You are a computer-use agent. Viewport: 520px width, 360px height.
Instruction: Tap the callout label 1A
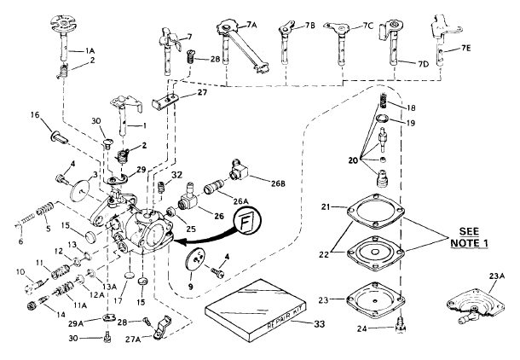[x=90, y=50]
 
